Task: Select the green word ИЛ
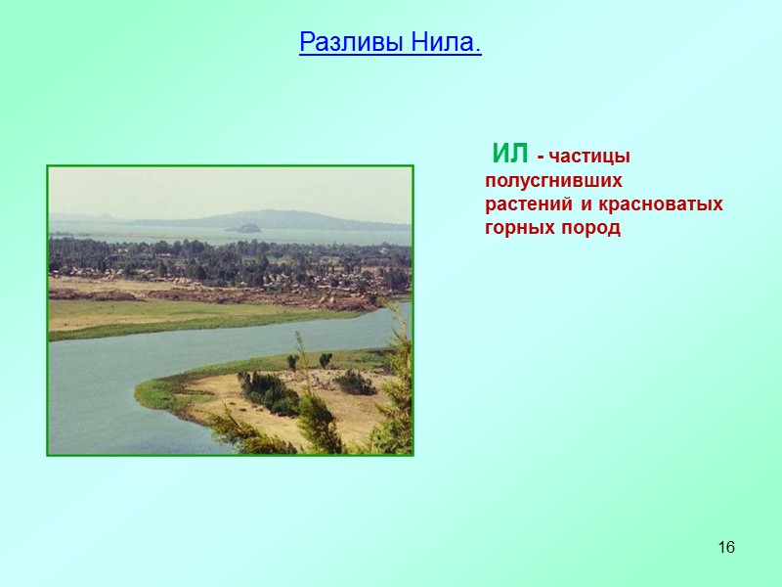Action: coord(510,154)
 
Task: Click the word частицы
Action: coord(590,157)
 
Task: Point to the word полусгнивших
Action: coord(553,181)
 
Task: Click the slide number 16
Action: coord(725,546)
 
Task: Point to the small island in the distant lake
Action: coord(244,229)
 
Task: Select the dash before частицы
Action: coord(541,158)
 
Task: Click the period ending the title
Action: coord(478,45)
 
